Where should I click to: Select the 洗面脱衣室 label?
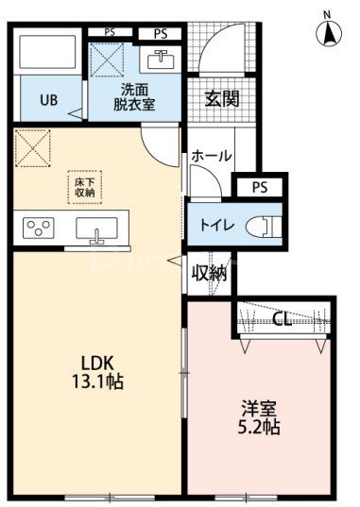coord(135,97)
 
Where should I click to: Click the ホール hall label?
coord(210,155)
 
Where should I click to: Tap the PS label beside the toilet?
coord(258,186)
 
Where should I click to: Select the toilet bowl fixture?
coord(264,227)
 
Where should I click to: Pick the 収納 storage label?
coord(210,273)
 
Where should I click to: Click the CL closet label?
coord(282,319)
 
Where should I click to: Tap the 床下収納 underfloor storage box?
coord(82,185)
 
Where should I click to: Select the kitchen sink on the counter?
coord(95,229)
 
